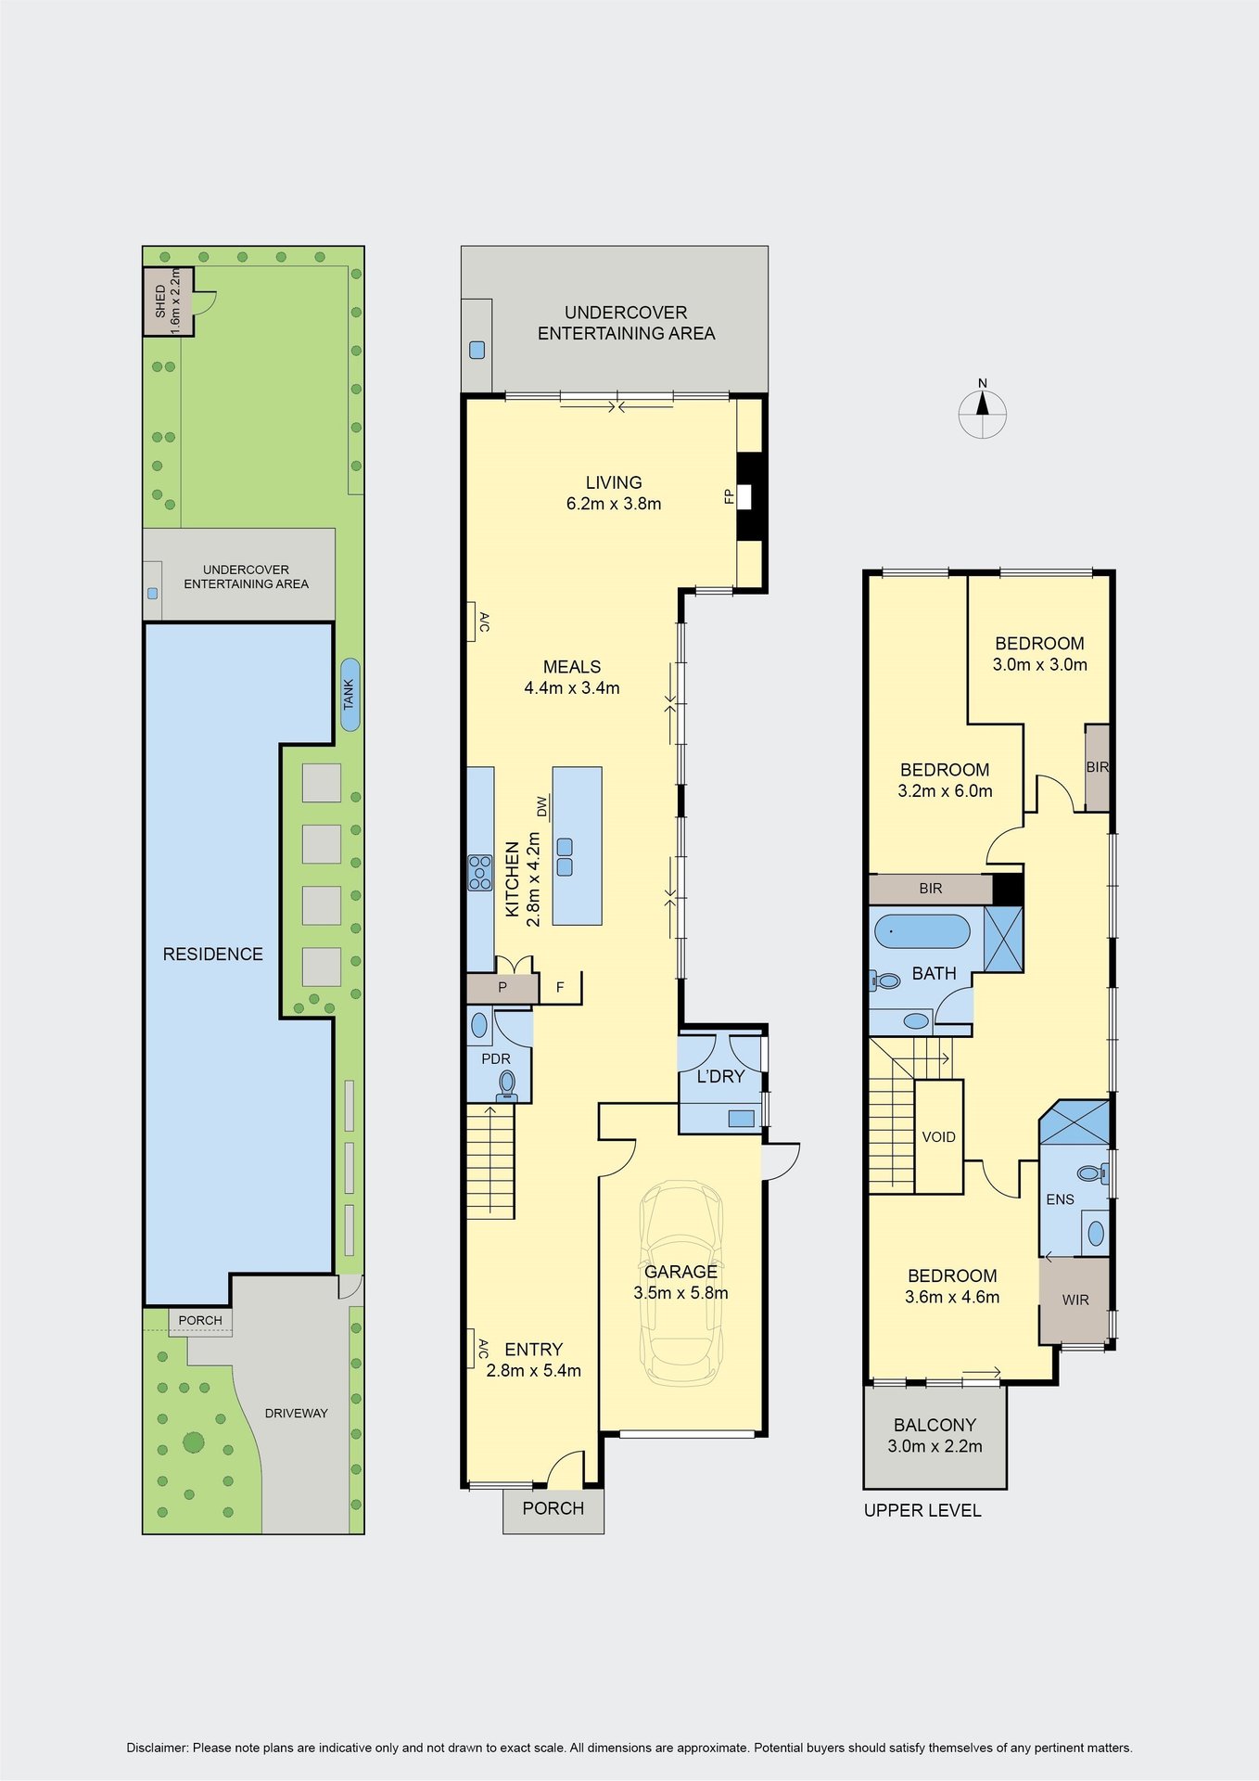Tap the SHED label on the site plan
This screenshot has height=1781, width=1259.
[160, 301]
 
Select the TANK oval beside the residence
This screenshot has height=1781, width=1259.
[350, 694]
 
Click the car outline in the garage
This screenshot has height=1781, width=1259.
[680, 1284]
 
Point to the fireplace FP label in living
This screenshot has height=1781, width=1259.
[729, 496]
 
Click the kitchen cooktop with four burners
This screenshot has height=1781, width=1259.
[480, 873]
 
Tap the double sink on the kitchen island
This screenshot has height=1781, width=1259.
[565, 857]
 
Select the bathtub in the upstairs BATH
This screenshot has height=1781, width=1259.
[922, 931]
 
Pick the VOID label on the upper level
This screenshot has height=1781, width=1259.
[938, 1136]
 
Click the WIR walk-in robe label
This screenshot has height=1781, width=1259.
[1075, 1300]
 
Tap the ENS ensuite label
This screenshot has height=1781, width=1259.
[1060, 1199]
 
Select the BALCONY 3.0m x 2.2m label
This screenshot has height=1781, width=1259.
[935, 1435]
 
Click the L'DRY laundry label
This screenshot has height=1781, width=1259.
[720, 1076]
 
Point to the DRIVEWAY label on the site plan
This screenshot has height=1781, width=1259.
[297, 1413]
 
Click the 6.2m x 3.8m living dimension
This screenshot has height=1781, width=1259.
[614, 504]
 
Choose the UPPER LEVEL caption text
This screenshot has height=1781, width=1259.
[922, 1510]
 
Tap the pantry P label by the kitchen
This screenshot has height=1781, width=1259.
[502, 987]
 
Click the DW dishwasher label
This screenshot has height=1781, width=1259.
[542, 807]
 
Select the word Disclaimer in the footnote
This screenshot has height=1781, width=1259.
[157, 1748]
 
